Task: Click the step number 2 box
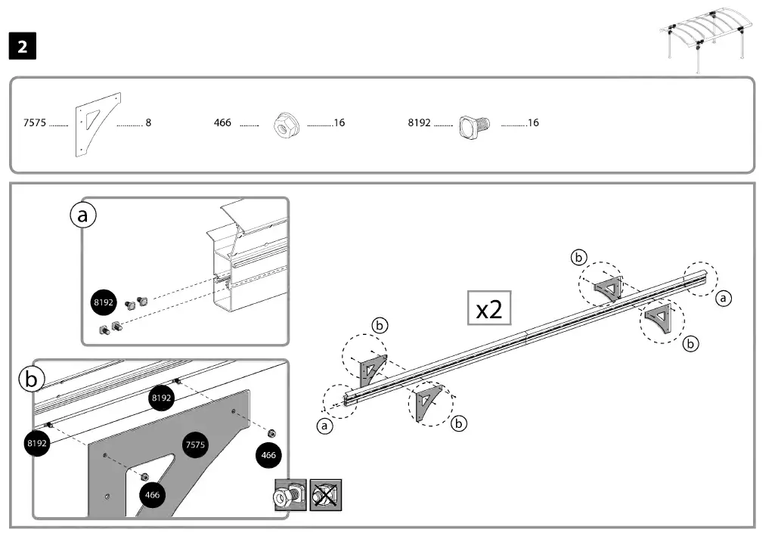(23, 47)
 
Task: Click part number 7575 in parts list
(35, 122)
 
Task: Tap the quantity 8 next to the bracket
(148, 122)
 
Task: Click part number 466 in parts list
(222, 122)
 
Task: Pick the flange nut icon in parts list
(284, 123)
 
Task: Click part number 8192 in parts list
(419, 122)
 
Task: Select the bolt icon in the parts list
(475, 124)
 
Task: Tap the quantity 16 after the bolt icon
(532, 122)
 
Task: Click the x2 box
(488, 308)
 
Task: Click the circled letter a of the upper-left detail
(83, 215)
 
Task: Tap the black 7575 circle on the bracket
(195, 445)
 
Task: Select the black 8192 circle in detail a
(103, 302)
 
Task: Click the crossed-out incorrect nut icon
(326, 495)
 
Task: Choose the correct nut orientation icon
(290, 495)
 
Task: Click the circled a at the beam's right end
(724, 299)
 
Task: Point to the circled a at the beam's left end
(325, 426)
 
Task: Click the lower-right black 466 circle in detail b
(269, 455)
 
